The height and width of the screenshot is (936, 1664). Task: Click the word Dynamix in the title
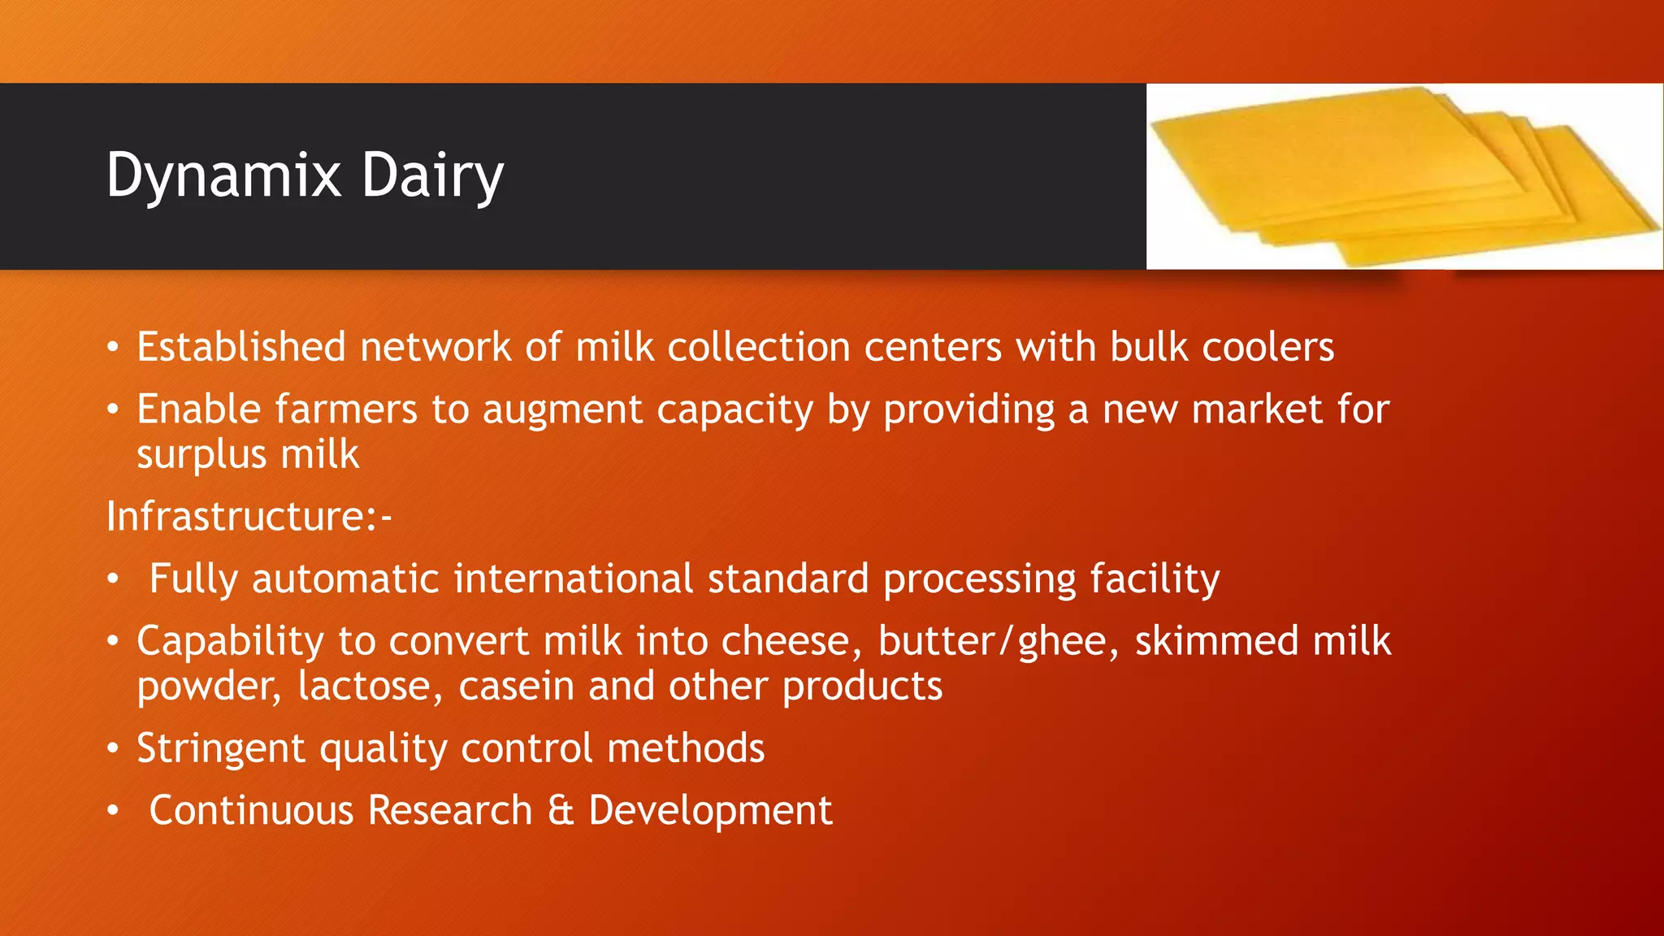coord(223,175)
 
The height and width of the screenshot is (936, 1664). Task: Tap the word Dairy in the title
coord(432,175)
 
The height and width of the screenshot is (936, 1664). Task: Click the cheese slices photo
coord(1404,175)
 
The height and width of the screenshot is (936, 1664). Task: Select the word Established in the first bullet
coord(241,347)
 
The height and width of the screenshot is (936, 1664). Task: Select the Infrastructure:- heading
coord(249,517)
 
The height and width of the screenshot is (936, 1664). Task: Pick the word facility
coord(1154,579)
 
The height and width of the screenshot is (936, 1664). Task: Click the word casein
coord(516,687)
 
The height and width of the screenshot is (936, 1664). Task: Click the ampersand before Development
coord(561,810)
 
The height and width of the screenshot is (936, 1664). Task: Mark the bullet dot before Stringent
coord(113,749)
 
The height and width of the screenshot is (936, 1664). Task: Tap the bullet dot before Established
coord(113,348)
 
